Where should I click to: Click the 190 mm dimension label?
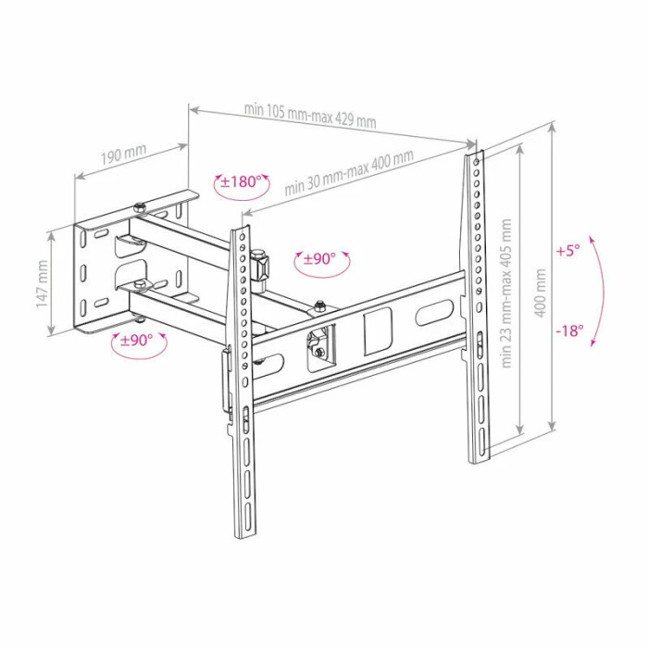(123, 154)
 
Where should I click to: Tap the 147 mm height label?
(42, 284)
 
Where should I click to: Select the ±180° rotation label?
(242, 181)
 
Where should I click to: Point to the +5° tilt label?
(568, 251)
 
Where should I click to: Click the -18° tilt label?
(569, 330)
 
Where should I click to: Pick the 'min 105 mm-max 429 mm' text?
(310, 116)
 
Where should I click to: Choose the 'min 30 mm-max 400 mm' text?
(349, 172)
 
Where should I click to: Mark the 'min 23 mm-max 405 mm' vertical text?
(506, 293)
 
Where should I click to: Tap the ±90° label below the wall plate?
(137, 340)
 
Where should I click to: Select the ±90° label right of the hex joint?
(319, 259)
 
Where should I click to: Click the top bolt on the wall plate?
(139, 207)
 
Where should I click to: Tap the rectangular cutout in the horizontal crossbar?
(377, 331)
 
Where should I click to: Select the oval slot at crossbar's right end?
(434, 313)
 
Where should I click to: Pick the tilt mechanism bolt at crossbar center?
(318, 352)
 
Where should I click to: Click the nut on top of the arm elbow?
(318, 306)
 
